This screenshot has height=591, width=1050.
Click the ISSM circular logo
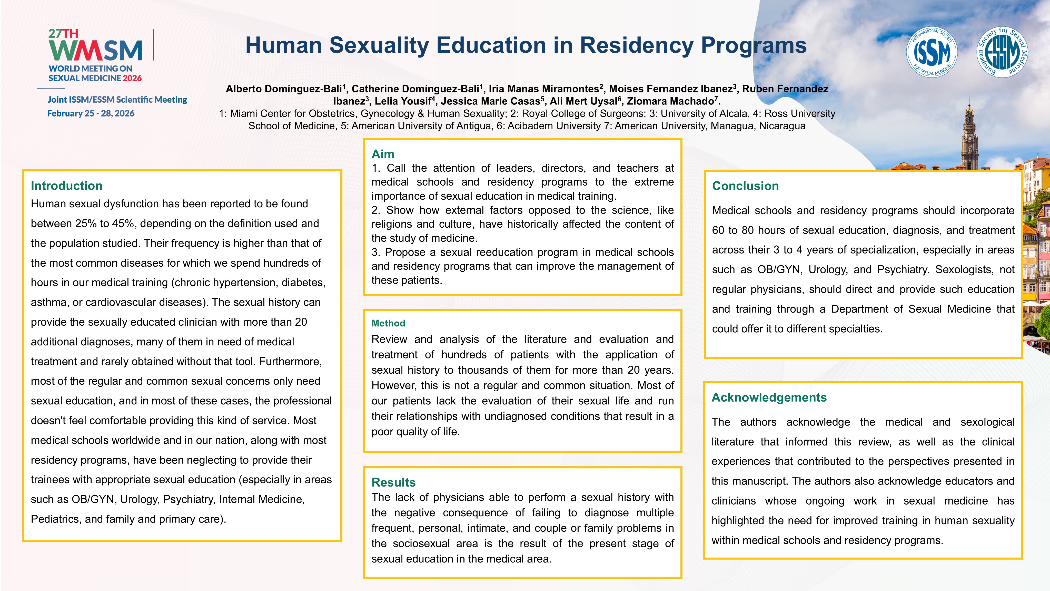tap(932, 52)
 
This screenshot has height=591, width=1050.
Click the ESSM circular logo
tap(1002, 52)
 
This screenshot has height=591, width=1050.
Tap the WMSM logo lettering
tap(95, 51)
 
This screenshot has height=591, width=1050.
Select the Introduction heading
tap(66, 186)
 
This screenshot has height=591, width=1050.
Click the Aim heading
tap(383, 154)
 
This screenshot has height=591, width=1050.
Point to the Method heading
tap(388, 323)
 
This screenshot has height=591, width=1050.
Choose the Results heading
tap(393, 482)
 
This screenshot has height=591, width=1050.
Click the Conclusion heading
tap(745, 186)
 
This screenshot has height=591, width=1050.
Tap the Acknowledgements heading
tap(769, 398)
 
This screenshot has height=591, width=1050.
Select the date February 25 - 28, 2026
tap(91, 113)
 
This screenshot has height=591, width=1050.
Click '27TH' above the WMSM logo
tap(63, 33)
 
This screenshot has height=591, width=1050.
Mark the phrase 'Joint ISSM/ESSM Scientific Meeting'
tap(117, 100)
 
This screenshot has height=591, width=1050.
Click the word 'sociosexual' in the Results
tap(421, 544)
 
